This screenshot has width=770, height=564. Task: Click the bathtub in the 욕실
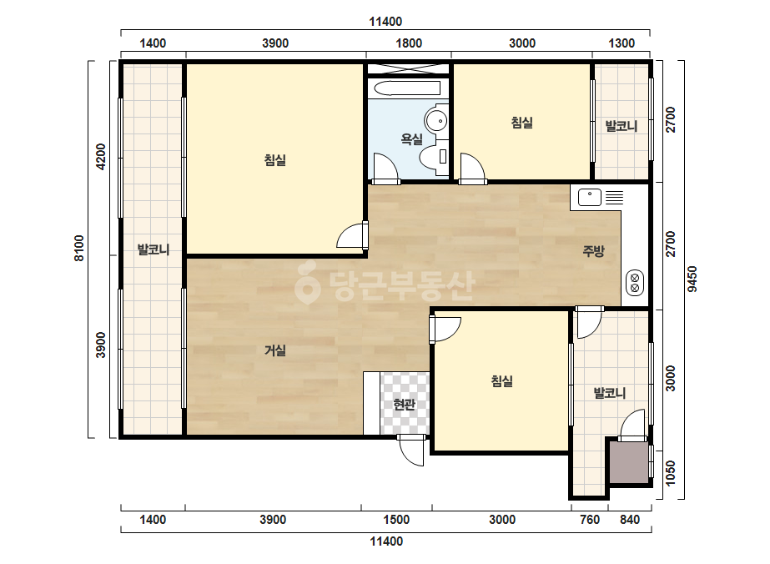click(407, 88)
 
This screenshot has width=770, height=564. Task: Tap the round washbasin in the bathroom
click(436, 120)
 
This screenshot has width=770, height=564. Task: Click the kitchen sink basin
click(590, 198)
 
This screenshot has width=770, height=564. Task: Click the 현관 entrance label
click(404, 405)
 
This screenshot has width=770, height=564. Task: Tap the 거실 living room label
click(275, 350)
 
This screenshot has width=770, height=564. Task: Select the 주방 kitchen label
click(593, 251)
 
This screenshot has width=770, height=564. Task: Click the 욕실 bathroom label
click(411, 139)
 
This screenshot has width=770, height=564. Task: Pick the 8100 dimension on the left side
click(79, 248)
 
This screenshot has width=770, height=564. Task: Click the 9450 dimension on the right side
click(692, 279)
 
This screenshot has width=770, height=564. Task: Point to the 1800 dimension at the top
click(409, 43)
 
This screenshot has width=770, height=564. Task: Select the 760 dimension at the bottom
click(590, 520)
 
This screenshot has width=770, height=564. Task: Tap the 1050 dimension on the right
click(671, 473)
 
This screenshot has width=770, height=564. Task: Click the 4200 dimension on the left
click(101, 156)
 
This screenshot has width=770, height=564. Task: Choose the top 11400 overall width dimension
click(385, 22)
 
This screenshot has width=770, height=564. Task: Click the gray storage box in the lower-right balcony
click(629, 462)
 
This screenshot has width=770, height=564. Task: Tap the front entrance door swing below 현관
click(411, 450)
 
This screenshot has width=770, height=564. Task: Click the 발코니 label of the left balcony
click(153, 249)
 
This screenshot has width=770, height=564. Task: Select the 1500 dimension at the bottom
click(396, 520)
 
